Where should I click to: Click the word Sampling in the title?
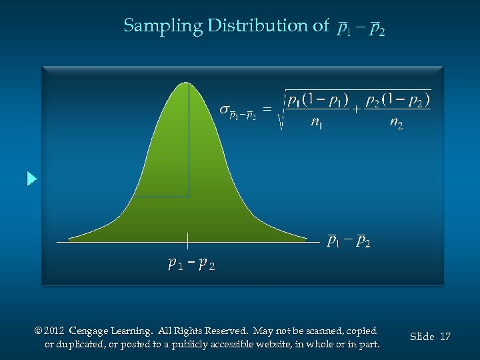tap(162, 26)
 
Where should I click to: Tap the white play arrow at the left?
tap(31, 179)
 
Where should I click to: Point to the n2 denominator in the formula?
tap(396, 123)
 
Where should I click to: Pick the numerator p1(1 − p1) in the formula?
tap(317, 101)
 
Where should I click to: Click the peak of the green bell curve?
tap(188, 84)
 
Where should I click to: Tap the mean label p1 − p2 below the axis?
tap(191, 264)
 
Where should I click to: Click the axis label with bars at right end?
tap(349, 241)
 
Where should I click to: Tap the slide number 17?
tap(445, 337)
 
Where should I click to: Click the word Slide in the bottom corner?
tap(422, 337)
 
